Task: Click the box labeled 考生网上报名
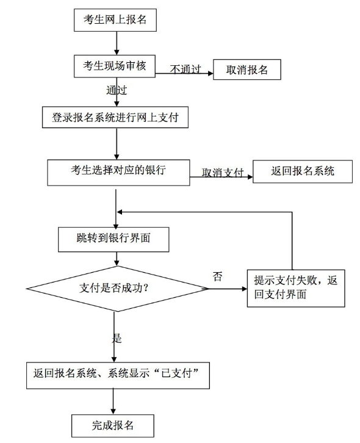115,20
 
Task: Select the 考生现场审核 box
115,66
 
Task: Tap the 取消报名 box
247,70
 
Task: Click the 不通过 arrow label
185,69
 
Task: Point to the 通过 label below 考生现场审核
117,90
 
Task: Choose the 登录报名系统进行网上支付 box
115,117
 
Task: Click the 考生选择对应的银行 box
118,173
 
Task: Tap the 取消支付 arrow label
223,173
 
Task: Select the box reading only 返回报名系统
303,171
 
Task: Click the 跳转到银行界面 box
113,239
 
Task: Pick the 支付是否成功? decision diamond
118,289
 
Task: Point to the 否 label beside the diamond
217,276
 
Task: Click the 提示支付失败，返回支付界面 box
296,288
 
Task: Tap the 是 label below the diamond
117,338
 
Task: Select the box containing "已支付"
118,375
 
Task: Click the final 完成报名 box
112,426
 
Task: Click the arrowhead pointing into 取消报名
211,73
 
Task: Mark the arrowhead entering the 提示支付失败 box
245,289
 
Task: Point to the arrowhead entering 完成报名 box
113,412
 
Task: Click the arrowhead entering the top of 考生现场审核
117,52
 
